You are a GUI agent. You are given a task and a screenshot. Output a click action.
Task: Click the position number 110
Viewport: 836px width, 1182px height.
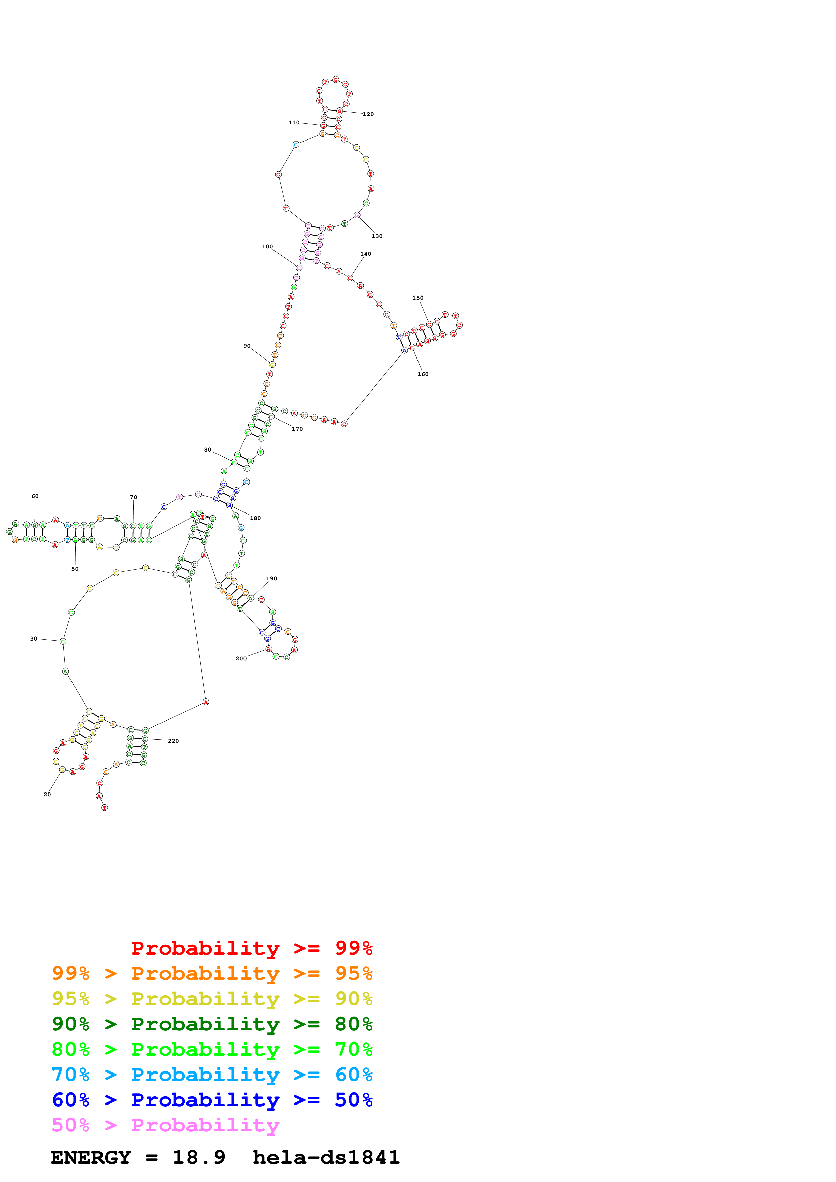[294, 123]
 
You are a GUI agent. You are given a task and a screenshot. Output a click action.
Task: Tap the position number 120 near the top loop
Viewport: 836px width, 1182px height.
[368, 114]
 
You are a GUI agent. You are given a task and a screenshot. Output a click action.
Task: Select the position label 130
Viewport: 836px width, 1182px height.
[377, 236]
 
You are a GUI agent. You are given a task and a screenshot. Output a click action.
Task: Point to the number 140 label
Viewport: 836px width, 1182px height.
[365, 254]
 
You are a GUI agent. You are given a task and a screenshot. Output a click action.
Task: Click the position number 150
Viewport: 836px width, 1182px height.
[418, 298]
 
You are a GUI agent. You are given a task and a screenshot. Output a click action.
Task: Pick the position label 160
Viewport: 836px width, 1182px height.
[423, 374]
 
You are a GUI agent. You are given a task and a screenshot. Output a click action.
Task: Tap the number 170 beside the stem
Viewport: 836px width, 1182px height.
[297, 429]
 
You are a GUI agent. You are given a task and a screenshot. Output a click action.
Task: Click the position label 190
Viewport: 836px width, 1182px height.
[271, 578]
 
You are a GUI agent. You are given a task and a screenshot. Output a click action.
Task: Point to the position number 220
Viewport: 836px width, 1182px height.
[174, 741]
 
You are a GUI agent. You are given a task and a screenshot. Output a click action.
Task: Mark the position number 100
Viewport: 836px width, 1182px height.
[267, 247]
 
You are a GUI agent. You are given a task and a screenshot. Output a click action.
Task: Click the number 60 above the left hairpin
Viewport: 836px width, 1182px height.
[35, 496]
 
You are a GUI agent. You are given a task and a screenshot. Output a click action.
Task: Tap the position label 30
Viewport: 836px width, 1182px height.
[33, 639]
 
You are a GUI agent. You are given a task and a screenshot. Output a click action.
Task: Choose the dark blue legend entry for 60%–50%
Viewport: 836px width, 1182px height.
[212, 1100]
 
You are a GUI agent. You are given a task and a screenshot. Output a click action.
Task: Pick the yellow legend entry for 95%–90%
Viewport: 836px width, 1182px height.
[212, 999]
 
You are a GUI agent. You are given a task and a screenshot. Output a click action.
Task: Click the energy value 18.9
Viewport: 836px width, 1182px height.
[199, 1158]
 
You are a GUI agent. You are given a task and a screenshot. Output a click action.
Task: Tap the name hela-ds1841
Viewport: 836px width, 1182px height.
[326, 1158]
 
